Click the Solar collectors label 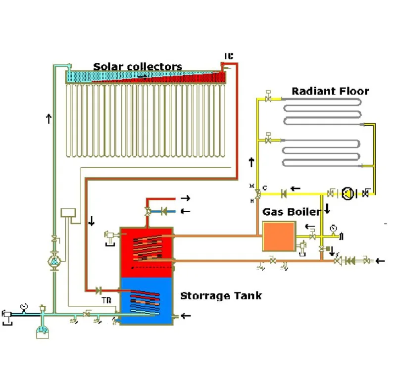[x=138, y=66]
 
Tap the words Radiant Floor [x=330, y=91]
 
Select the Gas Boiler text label [x=291, y=212]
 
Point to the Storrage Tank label [x=221, y=296]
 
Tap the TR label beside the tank [x=105, y=300]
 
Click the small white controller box [x=66, y=213]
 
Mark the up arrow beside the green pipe [x=49, y=118]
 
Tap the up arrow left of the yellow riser [x=251, y=162]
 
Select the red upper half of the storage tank [x=147, y=250]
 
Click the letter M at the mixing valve [x=251, y=186]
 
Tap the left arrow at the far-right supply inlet [x=380, y=260]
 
